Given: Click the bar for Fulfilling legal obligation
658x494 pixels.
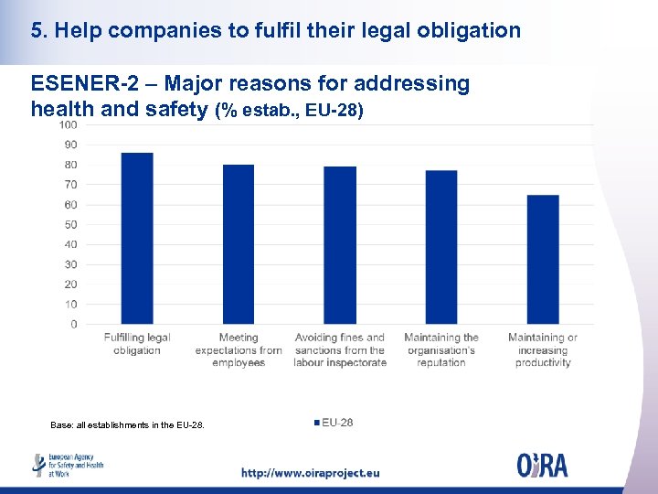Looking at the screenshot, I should coord(137,238).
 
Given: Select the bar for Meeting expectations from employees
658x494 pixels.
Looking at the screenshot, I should coord(239,244).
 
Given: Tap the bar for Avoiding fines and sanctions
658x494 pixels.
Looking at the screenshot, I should coord(340,245).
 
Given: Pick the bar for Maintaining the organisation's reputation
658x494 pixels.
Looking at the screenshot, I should coord(441,247).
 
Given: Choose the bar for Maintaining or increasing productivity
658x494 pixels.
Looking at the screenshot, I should coord(543,259).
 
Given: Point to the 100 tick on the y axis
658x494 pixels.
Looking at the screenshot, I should coord(69,124).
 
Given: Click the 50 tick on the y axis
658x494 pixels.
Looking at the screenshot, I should coord(70,224).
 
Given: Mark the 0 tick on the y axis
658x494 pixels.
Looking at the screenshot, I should coord(73,324).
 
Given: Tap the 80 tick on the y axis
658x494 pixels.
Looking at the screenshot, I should coord(70,165).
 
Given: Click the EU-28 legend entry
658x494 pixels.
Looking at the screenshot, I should coord(334,422).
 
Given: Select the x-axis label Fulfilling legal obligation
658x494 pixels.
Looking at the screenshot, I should coord(137,344).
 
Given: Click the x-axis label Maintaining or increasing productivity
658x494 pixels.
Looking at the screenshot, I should coord(543,350).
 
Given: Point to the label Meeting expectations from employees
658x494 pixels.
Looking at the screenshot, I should coord(239,350).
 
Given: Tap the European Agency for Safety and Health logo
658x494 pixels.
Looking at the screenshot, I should coord(69,465).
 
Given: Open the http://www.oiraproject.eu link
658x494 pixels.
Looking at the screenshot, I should coord(310,473).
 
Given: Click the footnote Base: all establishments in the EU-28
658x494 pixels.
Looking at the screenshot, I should coord(128,424).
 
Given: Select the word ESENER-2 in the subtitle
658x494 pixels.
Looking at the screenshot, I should coord(81,84).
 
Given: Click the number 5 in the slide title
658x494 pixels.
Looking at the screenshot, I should coord(36,30).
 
